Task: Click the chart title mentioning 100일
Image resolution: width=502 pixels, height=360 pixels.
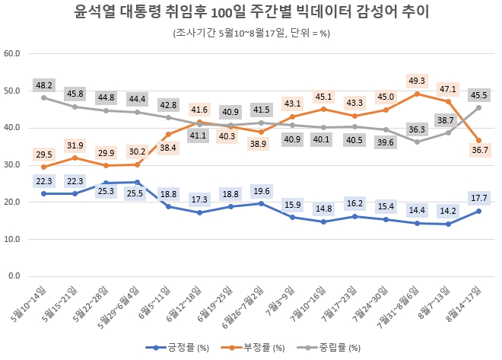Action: (251, 13)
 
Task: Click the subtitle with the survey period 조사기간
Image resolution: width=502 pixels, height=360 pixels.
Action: (250, 33)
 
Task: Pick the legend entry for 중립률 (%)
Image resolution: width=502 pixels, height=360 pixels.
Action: (338, 349)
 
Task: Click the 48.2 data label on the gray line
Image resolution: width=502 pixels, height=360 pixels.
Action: (44, 84)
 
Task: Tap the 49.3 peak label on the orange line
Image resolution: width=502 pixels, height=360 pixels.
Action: (416, 81)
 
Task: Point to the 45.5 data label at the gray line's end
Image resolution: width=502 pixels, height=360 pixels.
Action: (479, 95)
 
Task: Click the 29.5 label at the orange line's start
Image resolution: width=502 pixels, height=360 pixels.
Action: (44, 154)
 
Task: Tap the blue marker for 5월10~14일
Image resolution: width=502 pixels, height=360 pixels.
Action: (44, 193)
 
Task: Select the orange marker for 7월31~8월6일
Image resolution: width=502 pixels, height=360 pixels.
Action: (417, 94)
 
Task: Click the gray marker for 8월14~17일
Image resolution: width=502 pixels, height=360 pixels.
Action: (480, 107)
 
